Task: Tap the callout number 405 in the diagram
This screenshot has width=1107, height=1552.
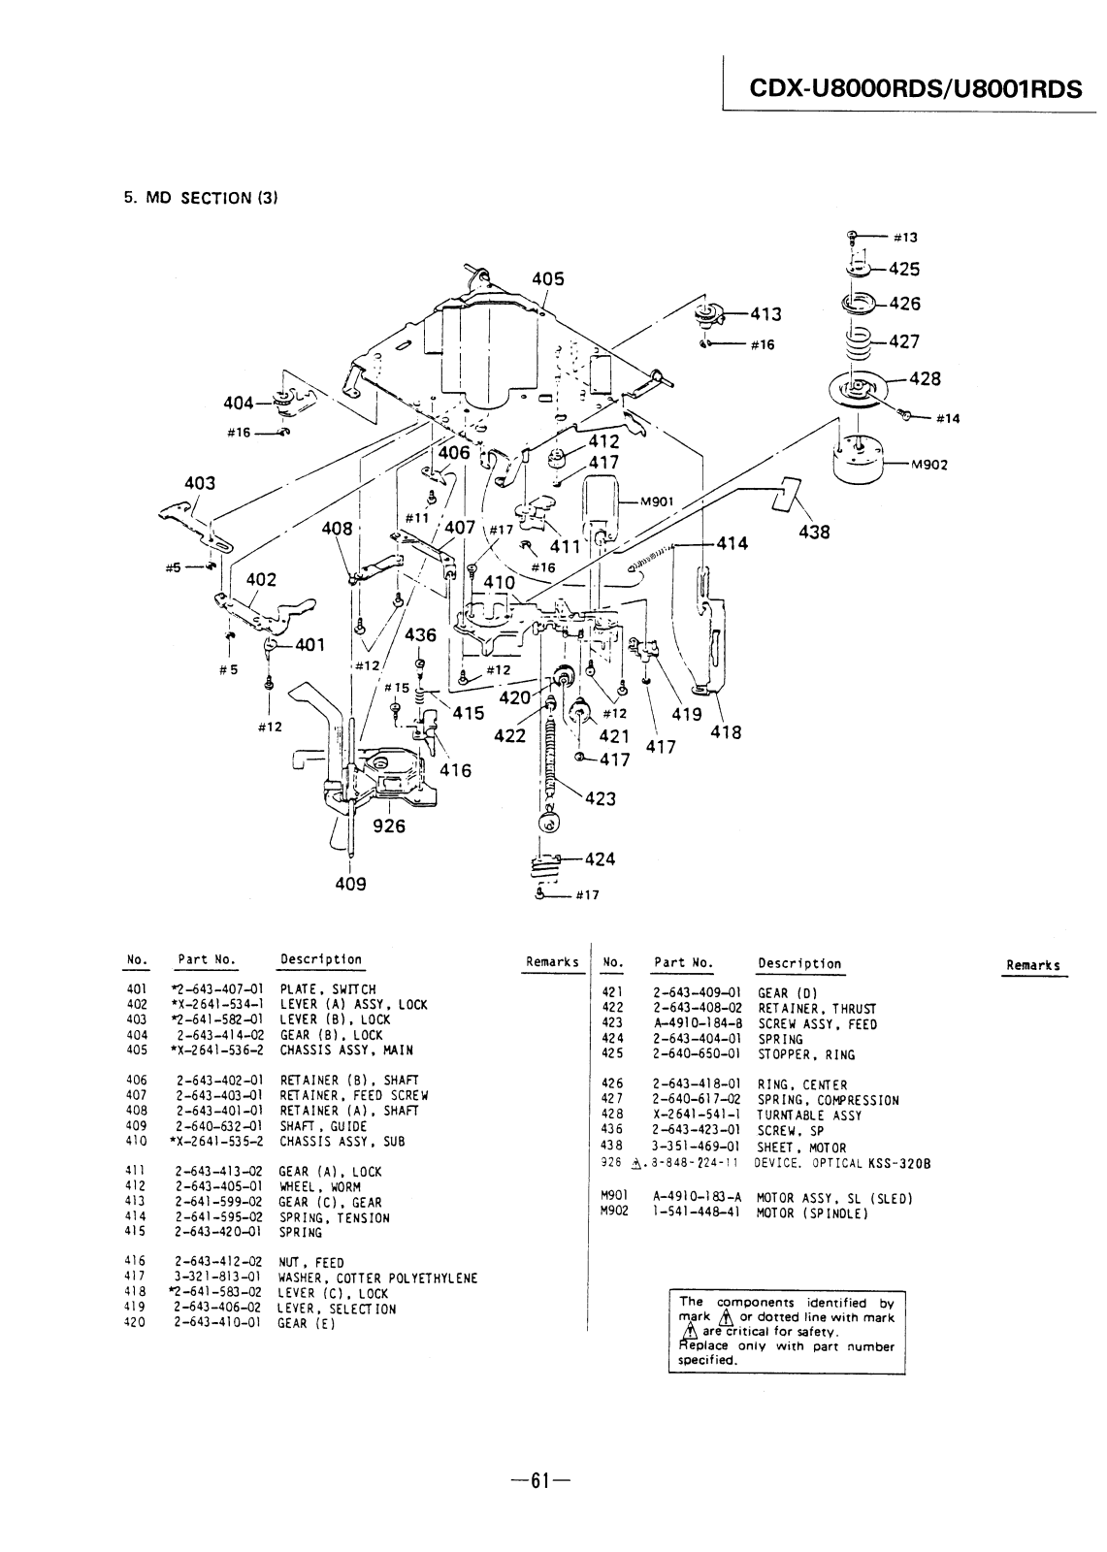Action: pos(547,279)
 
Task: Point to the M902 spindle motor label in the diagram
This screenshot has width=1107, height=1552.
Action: pos(928,465)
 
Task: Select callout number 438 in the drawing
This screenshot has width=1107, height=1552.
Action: pos(814,533)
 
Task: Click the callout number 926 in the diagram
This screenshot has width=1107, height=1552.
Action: pos(389,825)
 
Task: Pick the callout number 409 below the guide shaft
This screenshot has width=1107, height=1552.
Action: pos(350,884)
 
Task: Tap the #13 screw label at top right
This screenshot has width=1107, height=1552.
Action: pos(905,238)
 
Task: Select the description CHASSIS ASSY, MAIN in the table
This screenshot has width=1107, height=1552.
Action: pos(346,1051)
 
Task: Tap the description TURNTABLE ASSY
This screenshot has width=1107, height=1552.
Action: pos(809,1115)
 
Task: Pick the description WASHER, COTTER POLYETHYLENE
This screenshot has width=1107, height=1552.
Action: pos(377,1277)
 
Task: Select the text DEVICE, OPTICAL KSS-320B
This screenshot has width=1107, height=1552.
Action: pos(842,1163)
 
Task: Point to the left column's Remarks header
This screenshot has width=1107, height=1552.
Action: pos(552,961)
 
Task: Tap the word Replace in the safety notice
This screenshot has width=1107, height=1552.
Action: pos(702,1345)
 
